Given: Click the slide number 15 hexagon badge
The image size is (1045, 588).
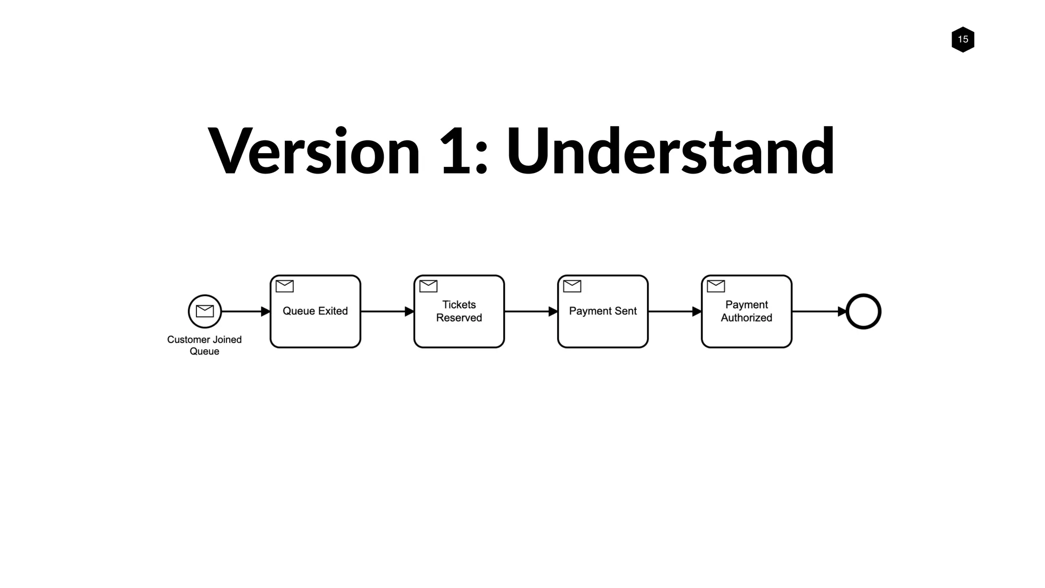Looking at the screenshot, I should click(962, 39).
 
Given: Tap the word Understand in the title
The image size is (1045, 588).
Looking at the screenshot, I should click(669, 152).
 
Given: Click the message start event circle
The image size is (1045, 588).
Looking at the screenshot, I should click(205, 311).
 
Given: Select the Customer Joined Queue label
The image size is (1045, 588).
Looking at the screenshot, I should click(204, 345).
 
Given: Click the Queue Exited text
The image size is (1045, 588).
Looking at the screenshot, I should click(315, 311).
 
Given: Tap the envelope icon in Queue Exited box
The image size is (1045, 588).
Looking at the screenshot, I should click(284, 286).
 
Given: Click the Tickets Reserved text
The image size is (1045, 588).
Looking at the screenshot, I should click(459, 311).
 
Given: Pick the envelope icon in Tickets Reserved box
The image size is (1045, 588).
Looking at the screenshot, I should click(428, 286).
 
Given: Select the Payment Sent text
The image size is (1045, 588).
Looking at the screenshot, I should click(603, 311).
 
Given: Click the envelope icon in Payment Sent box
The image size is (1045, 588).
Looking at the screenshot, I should click(572, 286).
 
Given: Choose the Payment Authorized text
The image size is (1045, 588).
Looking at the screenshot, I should click(746, 311).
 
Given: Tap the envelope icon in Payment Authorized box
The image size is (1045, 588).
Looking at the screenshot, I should click(715, 286).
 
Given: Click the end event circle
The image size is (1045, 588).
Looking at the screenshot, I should click(863, 311).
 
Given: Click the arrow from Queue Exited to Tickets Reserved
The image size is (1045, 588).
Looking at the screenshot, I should click(387, 311).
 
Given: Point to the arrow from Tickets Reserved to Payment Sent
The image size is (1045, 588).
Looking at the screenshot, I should click(531, 311).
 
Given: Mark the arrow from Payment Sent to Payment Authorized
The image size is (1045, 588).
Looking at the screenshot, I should click(675, 311).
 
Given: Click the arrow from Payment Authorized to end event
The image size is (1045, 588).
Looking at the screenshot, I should click(818, 311).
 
